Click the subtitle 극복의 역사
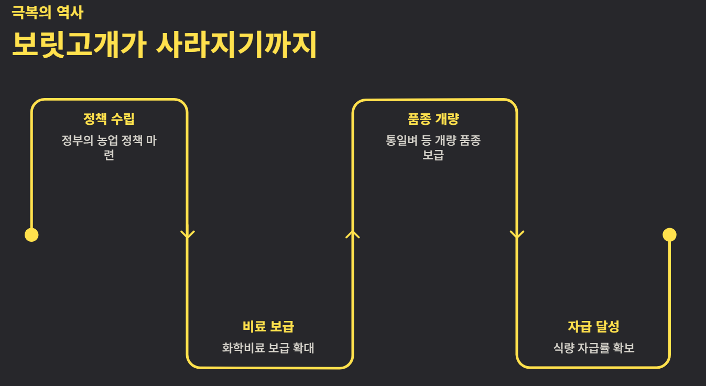coord(47,12)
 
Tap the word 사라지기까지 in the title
coord(236,46)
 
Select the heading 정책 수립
coord(109,119)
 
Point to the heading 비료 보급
coord(268,326)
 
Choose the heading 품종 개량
coord(433,119)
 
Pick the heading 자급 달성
coord(593,326)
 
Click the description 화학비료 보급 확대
coord(268,348)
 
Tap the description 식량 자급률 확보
coord(594,348)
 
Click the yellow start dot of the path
coord(31,235)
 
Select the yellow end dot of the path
coord(669,234)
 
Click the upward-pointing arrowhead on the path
coord(352,233)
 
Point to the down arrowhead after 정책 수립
coord(188,234)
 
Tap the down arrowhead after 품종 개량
coord(517,234)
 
